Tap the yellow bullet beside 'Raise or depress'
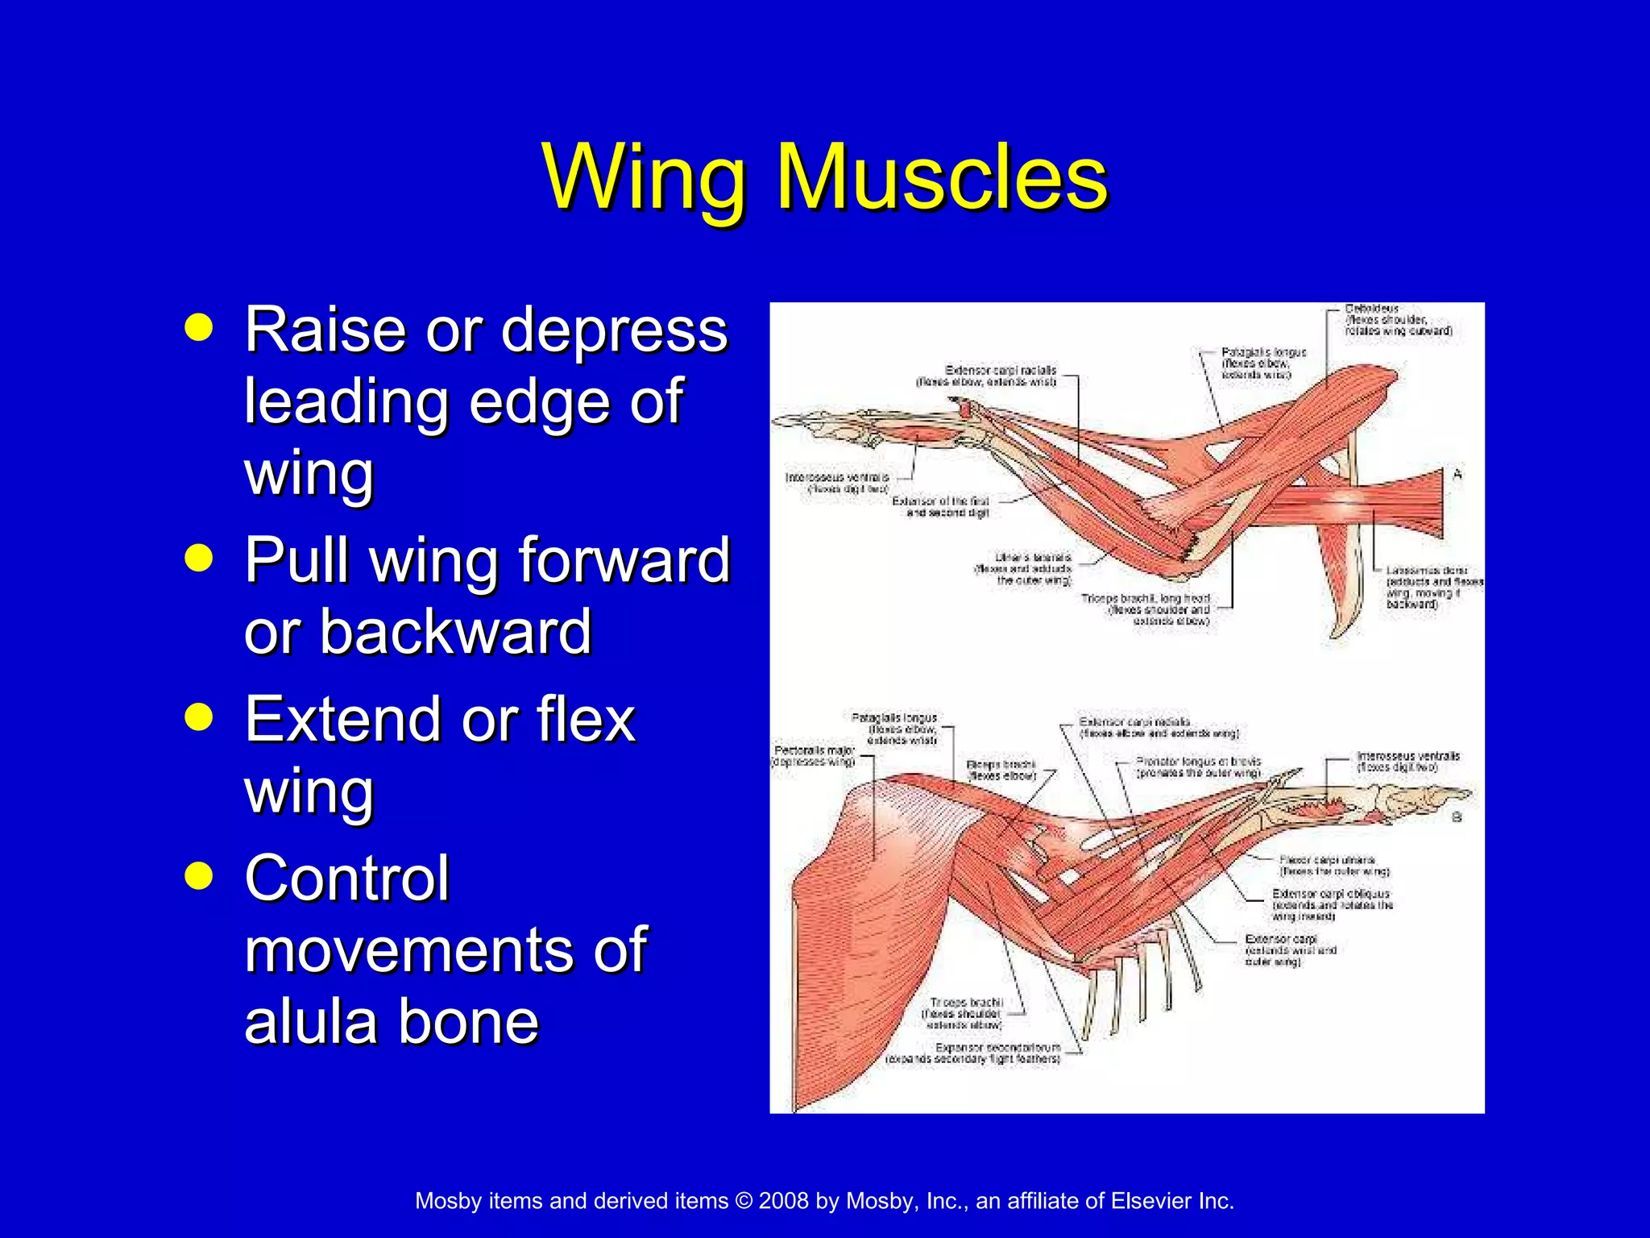coord(198,327)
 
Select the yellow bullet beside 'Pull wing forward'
coord(198,557)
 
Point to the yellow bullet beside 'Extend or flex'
coord(198,716)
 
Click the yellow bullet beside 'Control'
coord(198,875)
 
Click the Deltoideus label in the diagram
coord(1371,309)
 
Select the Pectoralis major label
coord(813,750)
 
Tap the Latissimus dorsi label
coord(1426,570)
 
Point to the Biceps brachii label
coord(1001,764)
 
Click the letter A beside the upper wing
coord(1457,475)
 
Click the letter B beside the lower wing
coord(1457,817)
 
